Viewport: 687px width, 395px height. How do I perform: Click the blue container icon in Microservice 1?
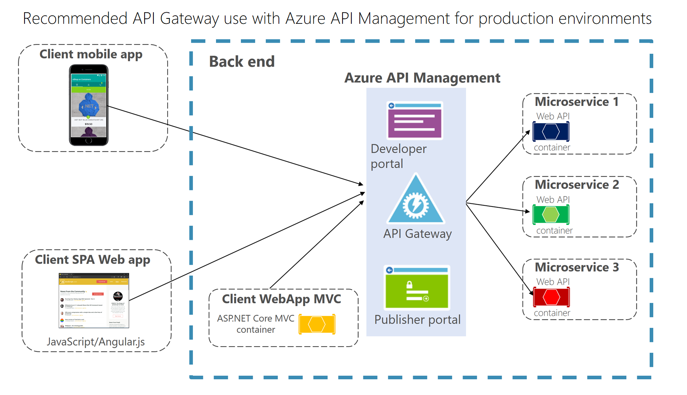click(x=551, y=132)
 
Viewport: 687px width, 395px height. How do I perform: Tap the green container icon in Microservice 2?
click(x=551, y=215)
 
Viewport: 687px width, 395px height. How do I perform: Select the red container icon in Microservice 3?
click(x=551, y=297)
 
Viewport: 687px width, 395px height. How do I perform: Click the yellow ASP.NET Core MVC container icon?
click(x=317, y=324)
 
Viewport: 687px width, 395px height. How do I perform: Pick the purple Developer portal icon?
click(x=415, y=121)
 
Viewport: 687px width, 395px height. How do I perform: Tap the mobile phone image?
click(x=89, y=105)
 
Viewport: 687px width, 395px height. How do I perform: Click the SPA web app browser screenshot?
click(x=94, y=301)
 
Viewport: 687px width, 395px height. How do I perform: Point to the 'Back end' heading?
click(x=242, y=62)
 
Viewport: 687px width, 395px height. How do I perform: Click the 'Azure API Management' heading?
click(x=422, y=78)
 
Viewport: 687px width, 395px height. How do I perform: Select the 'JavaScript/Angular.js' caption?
click(x=96, y=342)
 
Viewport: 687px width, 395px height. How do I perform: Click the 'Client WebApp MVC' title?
click(x=281, y=299)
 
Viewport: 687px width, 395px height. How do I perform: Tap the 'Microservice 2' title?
click(x=577, y=185)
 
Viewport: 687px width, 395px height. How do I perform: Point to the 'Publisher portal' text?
click(x=417, y=320)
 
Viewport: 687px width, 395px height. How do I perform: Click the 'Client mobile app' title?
click(x=91, y=55)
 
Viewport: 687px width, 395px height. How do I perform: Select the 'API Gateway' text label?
click(x=417, y=234)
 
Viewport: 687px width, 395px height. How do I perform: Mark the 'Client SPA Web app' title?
click(x=92, y=260)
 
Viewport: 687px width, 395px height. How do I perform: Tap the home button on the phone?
click(x=89, y=140)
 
